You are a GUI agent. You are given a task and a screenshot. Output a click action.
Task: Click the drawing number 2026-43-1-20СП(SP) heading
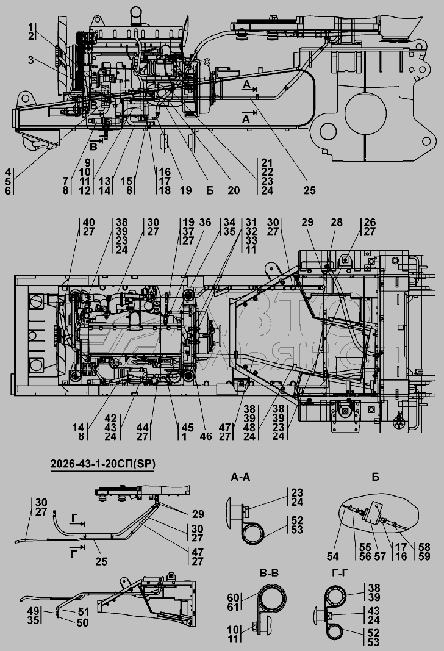tap(102, 464)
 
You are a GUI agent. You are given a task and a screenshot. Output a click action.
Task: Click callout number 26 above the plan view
tap(370, 223)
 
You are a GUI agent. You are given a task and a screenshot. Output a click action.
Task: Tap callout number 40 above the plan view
tap(89, 223)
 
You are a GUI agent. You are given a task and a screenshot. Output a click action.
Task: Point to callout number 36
tap(205, 223)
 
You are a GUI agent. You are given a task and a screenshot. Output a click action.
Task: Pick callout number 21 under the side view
tap(266, 164)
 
